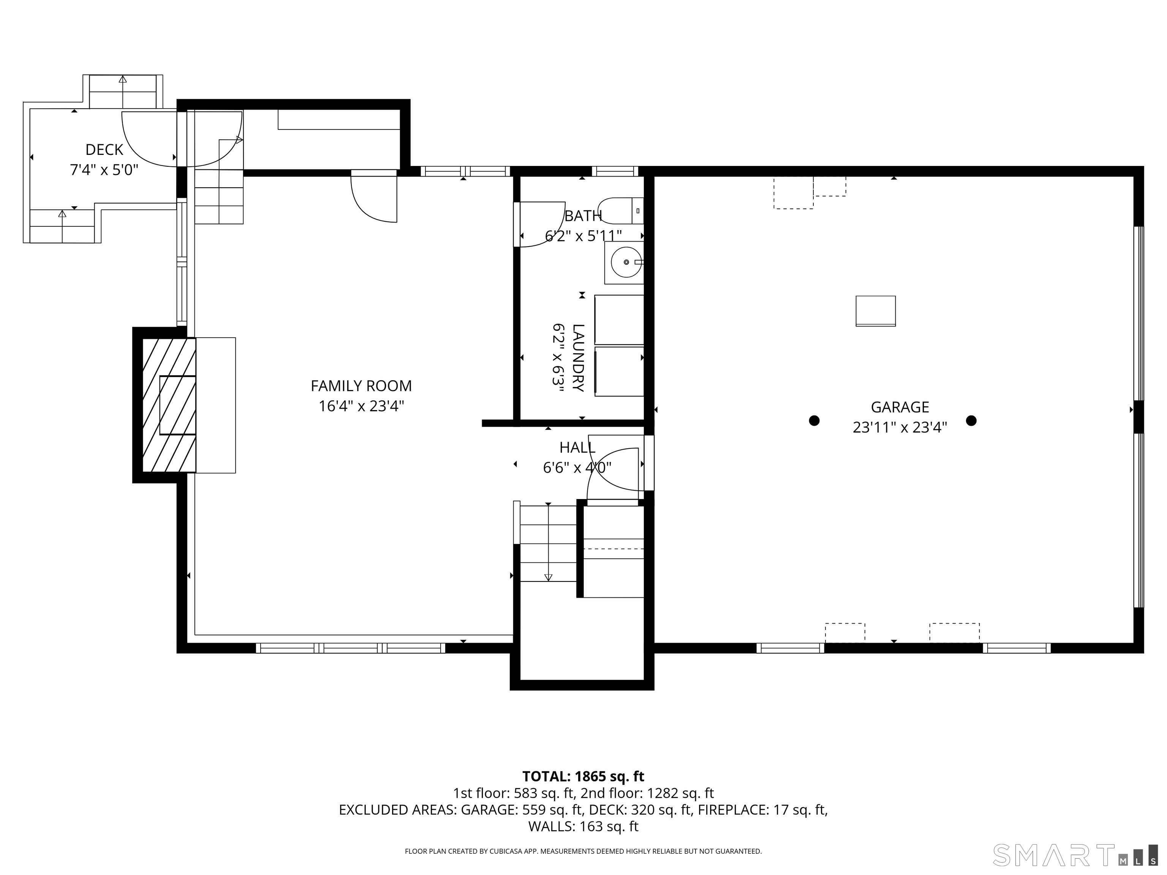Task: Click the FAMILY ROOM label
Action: pyautogui.click(x=361, y=386)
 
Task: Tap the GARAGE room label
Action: pyautogui.click(x=900, y=407)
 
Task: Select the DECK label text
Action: pyautogui.click(x=104, y=150)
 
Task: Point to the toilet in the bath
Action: pyautogui.click(x=621, y=210)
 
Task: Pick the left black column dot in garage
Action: pyautogui.click(x=814, y=420)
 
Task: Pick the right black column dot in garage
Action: pyautogui.click(x=971, y=420)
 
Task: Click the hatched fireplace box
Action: pyautogui.click(x=169, y=405)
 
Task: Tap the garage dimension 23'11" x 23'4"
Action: pyautogui.click(x=900, y=427)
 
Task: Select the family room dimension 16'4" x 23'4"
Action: pyautogui.click(x=361, y=406)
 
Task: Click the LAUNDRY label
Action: pyautogui.click(x=578, y=358)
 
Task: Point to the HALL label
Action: pyautogui.click(x=577, y=447)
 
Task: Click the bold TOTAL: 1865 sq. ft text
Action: pyautogui.click(x=583, y=776)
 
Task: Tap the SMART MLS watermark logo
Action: pyautogui.click(x=1075, y=855)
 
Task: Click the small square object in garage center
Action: pyautogui.click(x=875, y=311)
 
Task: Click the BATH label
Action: pyautogui.click(x=583, y=216)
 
